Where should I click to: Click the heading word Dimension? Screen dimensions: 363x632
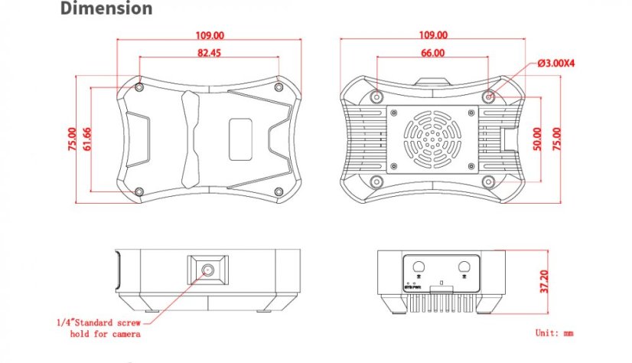click(x=106, y=10)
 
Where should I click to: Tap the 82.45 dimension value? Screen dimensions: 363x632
click(x=209, y=53)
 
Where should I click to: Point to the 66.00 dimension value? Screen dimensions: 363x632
click(x=432, y=53)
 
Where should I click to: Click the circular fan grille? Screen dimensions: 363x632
click(x=433, y=139)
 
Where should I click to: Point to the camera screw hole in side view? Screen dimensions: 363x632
click(x=208, y=270)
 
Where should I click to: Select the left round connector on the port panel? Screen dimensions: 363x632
click(x=419, y=266)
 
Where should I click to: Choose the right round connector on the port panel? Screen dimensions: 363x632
click(x=464, y=266)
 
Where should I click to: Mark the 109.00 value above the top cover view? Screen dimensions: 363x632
click(x=209, y=35)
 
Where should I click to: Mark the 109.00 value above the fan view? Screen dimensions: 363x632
click(x=433, y=35)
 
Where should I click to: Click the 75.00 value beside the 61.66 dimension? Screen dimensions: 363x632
click(x=73, y=139)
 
